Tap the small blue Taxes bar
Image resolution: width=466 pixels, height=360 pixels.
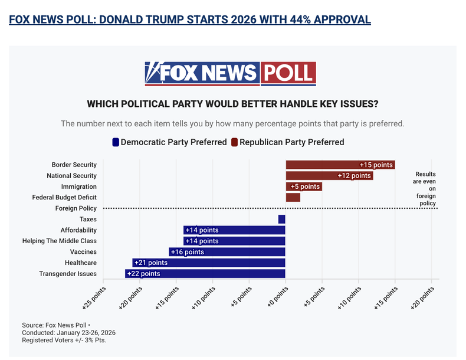click(x=281, y=219)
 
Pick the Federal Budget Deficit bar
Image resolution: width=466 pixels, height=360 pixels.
click(x=293, y=197)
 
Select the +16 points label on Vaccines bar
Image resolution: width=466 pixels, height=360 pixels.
click(x=187, y=252)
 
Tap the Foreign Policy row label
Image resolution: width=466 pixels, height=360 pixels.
click(x=76, y=208)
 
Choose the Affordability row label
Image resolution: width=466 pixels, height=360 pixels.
click(x=78, y=230)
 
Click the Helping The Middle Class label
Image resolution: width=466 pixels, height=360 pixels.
click(x=60, y=241)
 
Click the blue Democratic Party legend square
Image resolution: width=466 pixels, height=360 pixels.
click(x=116, y=142)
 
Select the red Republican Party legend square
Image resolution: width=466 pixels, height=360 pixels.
click(x=234, y=142)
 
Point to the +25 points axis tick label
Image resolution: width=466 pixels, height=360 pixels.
click(x=95, y=299)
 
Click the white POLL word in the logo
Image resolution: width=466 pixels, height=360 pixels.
click(x=288, y=73)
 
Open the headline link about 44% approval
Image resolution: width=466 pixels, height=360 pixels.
click(x=190, y=19)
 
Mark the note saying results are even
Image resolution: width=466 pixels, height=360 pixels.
click(x=425, y=188)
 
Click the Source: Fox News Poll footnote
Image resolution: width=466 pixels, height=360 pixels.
click(x=56, y=325)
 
